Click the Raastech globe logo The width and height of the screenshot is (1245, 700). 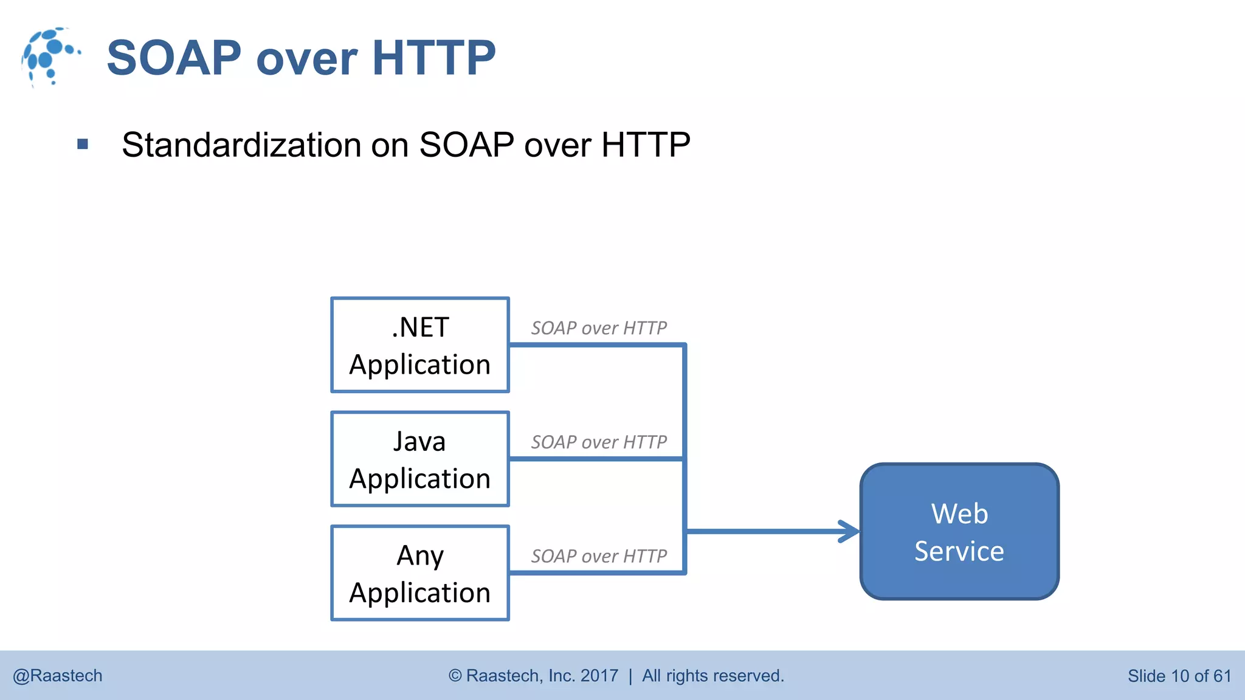[50, 57]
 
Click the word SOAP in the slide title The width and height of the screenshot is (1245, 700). [174, 58]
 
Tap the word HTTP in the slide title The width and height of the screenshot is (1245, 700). [433, 58]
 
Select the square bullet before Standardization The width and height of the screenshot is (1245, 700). [83, 145]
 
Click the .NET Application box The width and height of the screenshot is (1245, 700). [419, 345]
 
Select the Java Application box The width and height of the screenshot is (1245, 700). [419, 459]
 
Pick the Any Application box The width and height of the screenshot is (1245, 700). [419, 573]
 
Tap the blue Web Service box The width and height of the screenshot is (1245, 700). [959, 532]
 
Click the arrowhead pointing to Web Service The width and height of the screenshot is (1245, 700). [849, 532]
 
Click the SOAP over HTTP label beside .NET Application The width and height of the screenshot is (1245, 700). [599, 328]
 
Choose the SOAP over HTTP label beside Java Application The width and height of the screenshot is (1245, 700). [599, 442]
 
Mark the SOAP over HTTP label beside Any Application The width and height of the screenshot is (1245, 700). [599, 556]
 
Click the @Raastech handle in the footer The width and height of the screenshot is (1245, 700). [58, 676]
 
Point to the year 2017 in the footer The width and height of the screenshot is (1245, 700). [599, 676]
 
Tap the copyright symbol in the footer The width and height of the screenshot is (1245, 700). [455, 676]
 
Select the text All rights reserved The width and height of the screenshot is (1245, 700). [713, 676]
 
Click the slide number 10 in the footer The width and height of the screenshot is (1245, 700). [1179, 676]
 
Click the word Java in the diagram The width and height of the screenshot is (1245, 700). [419, 442]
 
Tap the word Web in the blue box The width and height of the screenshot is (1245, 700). [959, 514]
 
